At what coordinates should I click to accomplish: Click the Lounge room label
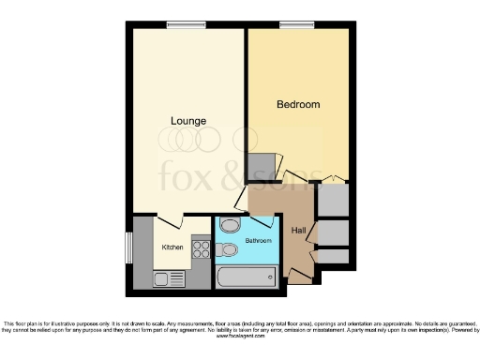188,120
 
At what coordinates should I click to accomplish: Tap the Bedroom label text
298,104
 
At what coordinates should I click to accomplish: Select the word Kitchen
172,247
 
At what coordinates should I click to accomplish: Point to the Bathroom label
258,241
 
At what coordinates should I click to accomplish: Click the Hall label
299,231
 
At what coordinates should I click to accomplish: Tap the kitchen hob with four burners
201,249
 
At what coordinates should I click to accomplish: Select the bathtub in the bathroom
246,277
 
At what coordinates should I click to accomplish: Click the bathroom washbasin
230,226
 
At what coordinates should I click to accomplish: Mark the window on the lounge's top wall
180,24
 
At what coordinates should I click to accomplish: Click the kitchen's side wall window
129,247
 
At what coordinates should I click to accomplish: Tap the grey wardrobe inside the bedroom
262,167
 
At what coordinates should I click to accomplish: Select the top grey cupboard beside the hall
333,199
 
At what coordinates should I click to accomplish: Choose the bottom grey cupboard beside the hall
335,256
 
